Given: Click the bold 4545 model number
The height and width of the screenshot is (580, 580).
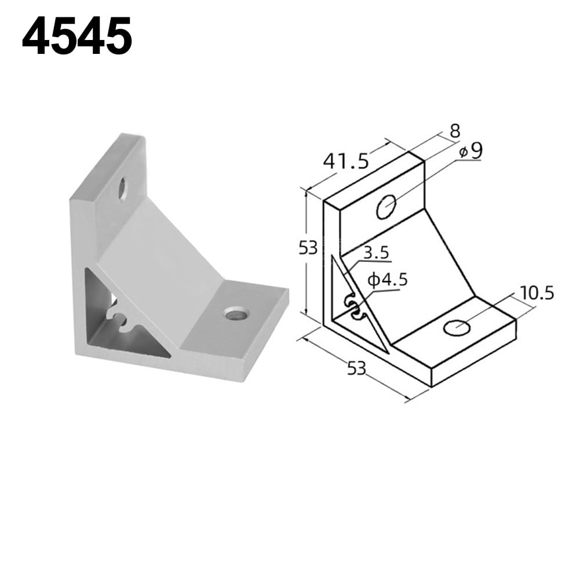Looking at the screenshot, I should (77, 37).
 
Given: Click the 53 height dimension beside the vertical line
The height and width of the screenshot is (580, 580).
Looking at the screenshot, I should (308, 248).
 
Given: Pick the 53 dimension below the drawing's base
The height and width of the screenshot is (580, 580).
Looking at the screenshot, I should (357, 367).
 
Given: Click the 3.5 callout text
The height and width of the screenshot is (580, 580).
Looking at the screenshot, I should (376, 253).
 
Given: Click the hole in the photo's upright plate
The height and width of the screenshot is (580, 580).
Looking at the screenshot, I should (123, 188).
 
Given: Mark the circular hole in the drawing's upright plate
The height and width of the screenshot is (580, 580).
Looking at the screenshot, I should (386, 207).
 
